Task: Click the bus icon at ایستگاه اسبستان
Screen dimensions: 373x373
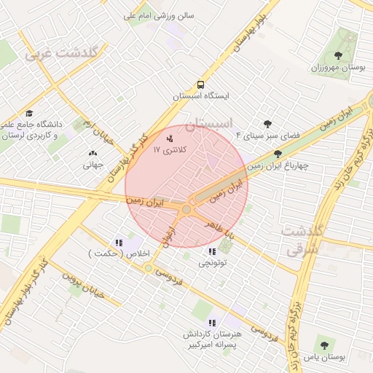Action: coord(200,85)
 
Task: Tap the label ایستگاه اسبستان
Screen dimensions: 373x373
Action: coord(200,96)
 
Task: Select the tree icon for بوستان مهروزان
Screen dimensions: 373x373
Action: coord(337,55)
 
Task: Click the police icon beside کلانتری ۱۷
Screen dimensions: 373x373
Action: coord(170,137)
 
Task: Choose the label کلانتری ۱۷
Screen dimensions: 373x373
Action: coord(170,149)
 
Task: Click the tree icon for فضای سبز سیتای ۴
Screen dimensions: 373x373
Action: coord(267,124)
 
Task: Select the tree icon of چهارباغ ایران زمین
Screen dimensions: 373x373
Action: coord(278,154)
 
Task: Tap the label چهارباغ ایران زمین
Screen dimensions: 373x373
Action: coord(278,165)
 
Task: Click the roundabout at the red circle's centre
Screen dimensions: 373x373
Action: coord(186,210)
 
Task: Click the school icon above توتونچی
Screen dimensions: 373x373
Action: coord(211,251)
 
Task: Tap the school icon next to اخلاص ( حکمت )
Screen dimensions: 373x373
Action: coord(118,243)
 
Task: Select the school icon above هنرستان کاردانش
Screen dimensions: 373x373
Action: coord(211,322)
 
